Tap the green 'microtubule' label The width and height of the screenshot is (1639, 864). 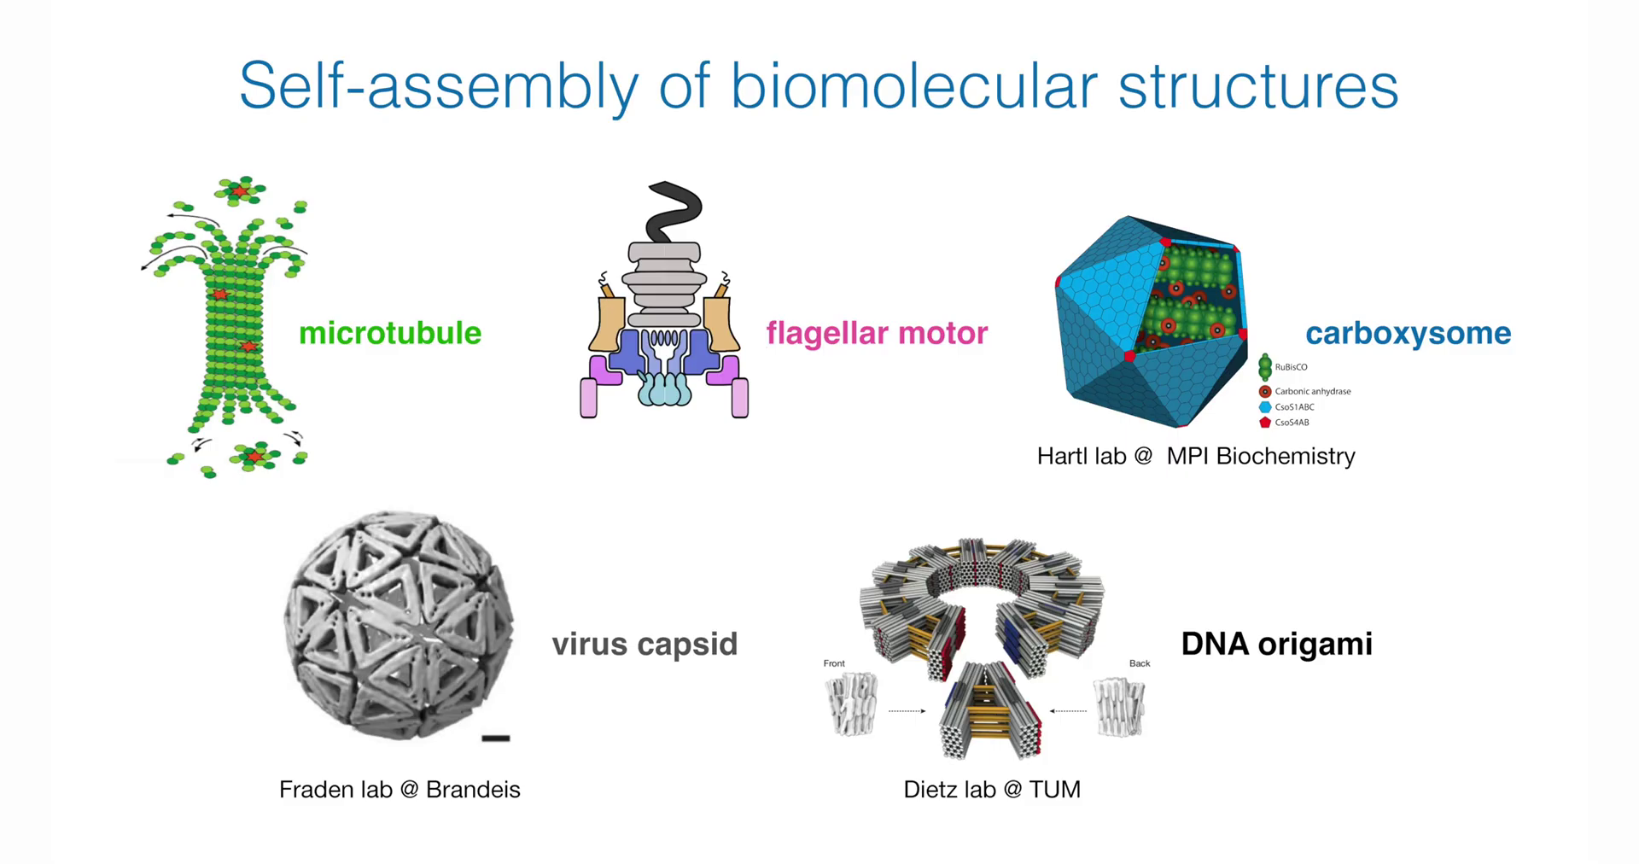tap(390, 333)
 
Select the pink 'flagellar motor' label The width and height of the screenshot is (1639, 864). tap(877, 333)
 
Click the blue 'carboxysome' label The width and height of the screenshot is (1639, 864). tap(1408, 333)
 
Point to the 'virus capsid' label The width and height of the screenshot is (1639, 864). tap(645, 644)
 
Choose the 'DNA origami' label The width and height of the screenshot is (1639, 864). tap(1276, 644)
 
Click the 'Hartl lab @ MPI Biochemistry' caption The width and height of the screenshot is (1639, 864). tap(1195, 456)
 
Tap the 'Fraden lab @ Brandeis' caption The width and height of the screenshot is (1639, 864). tap(400, 789)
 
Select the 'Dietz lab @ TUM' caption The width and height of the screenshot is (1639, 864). tap(992, 789)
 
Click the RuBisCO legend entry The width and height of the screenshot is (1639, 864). tap(1291, 367)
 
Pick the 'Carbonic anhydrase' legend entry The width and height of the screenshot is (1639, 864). tap(1312, 391)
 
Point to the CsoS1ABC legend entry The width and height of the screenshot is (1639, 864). tap(1294, 407)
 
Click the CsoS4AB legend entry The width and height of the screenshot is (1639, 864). tap(1292, 423)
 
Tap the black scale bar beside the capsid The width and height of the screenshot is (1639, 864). tap(496, 738)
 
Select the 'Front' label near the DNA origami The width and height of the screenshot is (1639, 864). tap(834, 663)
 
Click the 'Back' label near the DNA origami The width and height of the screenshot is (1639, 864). tap(1140, 663)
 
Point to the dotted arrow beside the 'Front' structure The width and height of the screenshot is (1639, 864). tap(907, 710)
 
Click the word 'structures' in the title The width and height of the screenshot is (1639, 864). tap(1257, 85)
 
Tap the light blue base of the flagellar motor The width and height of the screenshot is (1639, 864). tap(663, 389)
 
